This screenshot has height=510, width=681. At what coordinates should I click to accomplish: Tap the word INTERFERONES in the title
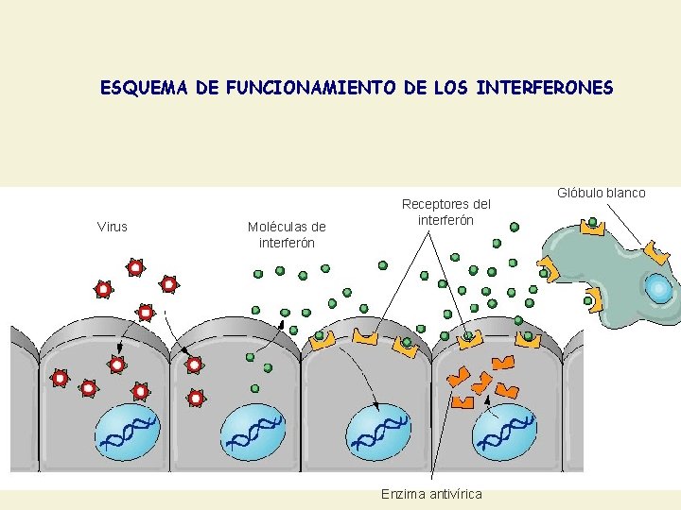(x=546, y=88)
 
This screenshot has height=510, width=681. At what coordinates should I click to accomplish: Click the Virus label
(x=113, y=226)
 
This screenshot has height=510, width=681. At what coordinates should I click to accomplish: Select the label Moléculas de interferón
(x=287, y=234)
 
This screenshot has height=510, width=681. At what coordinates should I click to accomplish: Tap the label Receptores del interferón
(x=446, y=212)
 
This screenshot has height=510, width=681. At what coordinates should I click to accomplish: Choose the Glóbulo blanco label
(x=601, y=193)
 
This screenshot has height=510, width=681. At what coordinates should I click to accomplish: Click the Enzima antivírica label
(x=431, y=494)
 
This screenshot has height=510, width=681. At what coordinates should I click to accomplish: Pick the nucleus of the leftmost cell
(x=129, y=430)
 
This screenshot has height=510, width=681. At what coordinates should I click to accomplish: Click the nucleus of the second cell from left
(x=253, y=430)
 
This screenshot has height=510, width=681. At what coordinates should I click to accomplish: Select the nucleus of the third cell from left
(x=378, y=430)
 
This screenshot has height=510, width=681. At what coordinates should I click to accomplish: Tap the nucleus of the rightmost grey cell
(x=505, y=430)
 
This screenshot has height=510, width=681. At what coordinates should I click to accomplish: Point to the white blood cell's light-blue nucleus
(x=658, y=288)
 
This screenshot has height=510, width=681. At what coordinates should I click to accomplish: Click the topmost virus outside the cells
(x=135, y=268)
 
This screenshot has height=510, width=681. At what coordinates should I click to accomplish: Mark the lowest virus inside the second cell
(x=196, y=398)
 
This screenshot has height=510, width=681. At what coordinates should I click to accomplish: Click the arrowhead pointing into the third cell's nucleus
(x=375, y=407)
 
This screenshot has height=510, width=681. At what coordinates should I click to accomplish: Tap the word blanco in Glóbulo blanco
(x=625, y=193)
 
